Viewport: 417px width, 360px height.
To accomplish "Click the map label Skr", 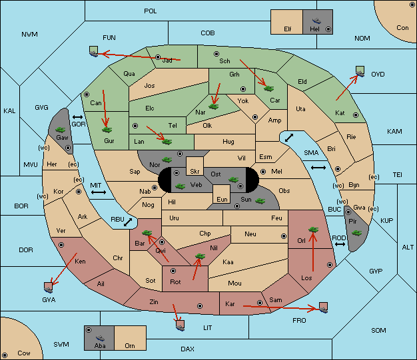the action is [195, 172].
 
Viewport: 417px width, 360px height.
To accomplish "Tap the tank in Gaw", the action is [61, 130].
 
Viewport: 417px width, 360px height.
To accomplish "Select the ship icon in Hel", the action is [316, 21].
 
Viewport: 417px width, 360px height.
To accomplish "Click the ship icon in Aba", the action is [101, 338].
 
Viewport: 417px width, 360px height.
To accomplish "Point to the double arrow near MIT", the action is [99, 192].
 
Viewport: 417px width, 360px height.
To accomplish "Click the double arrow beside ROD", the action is [340, 244].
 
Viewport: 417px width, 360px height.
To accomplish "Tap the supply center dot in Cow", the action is [5, 355].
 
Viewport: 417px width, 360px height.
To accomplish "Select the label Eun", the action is [222, 199].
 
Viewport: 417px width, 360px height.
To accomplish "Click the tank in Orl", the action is [313, 230].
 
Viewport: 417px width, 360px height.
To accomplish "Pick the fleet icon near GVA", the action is [49, 287].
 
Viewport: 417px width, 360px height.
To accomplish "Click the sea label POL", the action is [151, 11].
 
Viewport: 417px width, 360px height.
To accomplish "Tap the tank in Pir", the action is [356, 233].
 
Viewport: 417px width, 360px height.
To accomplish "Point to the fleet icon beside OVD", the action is [360, 71].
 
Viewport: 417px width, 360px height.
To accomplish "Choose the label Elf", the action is [288, 29].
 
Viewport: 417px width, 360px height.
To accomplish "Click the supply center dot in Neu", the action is [284, 236].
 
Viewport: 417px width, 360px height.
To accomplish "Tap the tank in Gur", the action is [107, 130].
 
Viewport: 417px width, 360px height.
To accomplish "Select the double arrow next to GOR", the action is [77, 117].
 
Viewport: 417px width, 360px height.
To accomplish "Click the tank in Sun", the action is [260, 201].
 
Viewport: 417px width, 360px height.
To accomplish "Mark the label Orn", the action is [130, 345].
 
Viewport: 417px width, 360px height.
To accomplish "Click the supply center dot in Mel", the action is [263, 172].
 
